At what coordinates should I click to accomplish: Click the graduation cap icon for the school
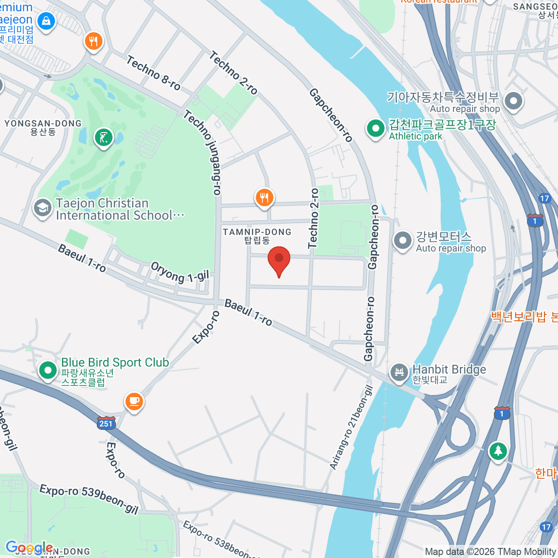click(x=42, y=207)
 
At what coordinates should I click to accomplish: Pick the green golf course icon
click(x=103, y=138)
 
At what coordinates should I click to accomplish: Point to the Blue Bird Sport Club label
click(x=115, y=363)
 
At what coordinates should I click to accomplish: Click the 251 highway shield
click(x=106, y=423)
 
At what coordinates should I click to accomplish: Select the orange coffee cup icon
click(x=134, y=400)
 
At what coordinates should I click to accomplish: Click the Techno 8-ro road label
click(x=153, y=73)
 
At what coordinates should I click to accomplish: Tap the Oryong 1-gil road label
click(x=180, y=272)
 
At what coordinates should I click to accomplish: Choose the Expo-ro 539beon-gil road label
click(x=89, y=499)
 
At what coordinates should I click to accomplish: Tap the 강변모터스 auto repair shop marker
click(x=403, y=240)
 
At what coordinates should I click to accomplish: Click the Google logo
click(x=29, y=548)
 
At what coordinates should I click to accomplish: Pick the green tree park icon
click(x=498, y=450)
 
